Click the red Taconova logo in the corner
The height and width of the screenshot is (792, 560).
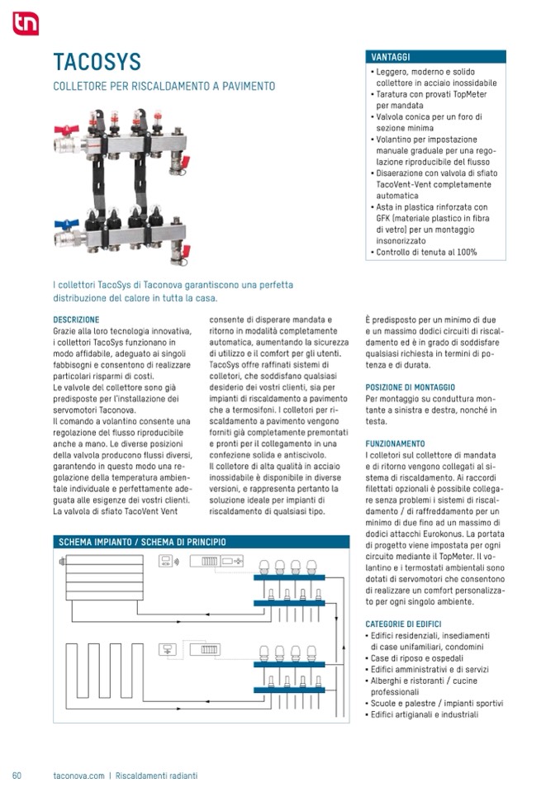point(25,24)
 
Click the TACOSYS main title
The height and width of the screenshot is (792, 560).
point(97,62)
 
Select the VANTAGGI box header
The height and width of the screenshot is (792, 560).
point(435,57)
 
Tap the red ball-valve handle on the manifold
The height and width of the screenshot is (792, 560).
point(66,130)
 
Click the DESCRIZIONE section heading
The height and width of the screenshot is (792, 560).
point(76,320)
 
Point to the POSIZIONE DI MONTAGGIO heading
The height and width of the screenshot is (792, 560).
point(410,387)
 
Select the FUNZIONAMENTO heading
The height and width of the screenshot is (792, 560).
point(395,443)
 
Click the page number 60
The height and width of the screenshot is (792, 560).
point(17,775)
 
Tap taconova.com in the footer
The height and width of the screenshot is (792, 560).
point(78,775)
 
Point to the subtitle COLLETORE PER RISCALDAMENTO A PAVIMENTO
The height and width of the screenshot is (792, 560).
point(164,86)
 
